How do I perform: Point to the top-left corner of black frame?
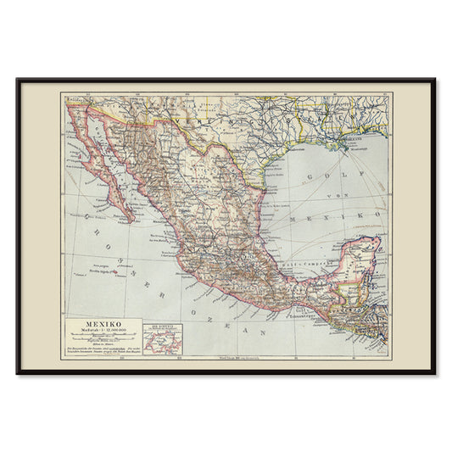coord(17,80)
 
